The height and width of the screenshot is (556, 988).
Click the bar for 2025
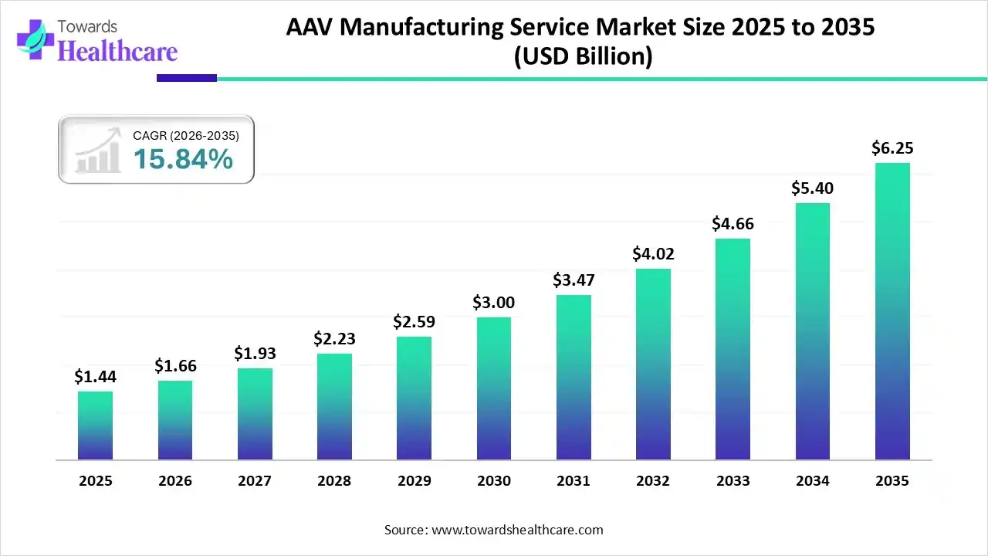click(x=95, y=425)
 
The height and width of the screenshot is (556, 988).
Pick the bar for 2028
click(x=334, y=407)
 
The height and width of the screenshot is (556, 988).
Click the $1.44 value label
click(x=95, y=376)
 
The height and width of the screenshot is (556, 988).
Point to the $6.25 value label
click(x=892, y=147)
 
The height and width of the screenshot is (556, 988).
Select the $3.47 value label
click(x=574, y=280)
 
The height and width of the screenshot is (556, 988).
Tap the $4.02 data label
click(x=653, y=253)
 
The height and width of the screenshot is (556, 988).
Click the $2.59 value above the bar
click(x=414, y=321)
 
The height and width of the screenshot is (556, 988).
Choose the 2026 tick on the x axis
click(x=175, y=481)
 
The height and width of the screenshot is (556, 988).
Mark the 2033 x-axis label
click(x=733, y=481)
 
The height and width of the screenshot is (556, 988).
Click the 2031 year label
click(x=574, y=481)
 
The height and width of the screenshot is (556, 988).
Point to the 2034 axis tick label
click(x=813, y=481)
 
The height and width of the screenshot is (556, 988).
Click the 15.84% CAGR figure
click(x=183, y=159)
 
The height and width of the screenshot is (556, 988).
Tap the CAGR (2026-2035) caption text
click(x=186, y=135)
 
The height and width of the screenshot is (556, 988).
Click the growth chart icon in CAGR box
click(x=98, y=151)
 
